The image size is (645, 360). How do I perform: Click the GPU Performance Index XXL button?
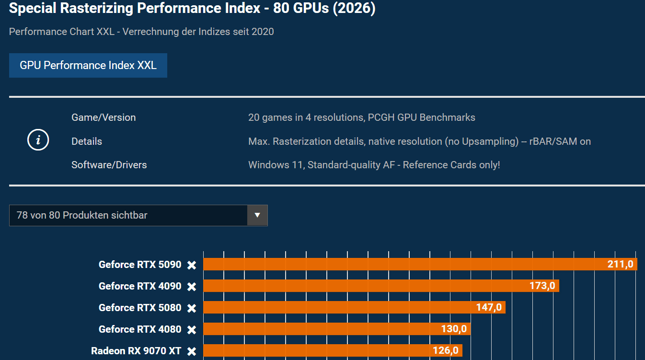(x=88, y=65)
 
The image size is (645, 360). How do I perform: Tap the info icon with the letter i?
(x=39, y=140)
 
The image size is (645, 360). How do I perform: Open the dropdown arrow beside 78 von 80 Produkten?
(x=257, y=215)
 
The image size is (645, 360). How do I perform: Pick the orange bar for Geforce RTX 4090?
(x=364, y=286)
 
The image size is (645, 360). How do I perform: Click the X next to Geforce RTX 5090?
(x=192, y=265)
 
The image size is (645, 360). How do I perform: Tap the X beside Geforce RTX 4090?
(x=192, y=286)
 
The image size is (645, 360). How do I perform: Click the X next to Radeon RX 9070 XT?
(x=192, y=351)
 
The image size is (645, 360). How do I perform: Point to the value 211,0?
(x=620, y=264)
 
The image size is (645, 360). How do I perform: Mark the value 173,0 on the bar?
(x=542, y=286)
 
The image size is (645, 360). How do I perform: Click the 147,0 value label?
(x=489, y=307)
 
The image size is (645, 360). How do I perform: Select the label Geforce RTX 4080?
(x=140, y=329)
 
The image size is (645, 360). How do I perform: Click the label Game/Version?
(x=104, y=117)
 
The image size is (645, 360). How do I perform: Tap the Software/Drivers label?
(x=109, y=165)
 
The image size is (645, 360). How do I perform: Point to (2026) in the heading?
(x=355, y=9)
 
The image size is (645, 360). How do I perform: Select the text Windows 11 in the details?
(x=275, y=165)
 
